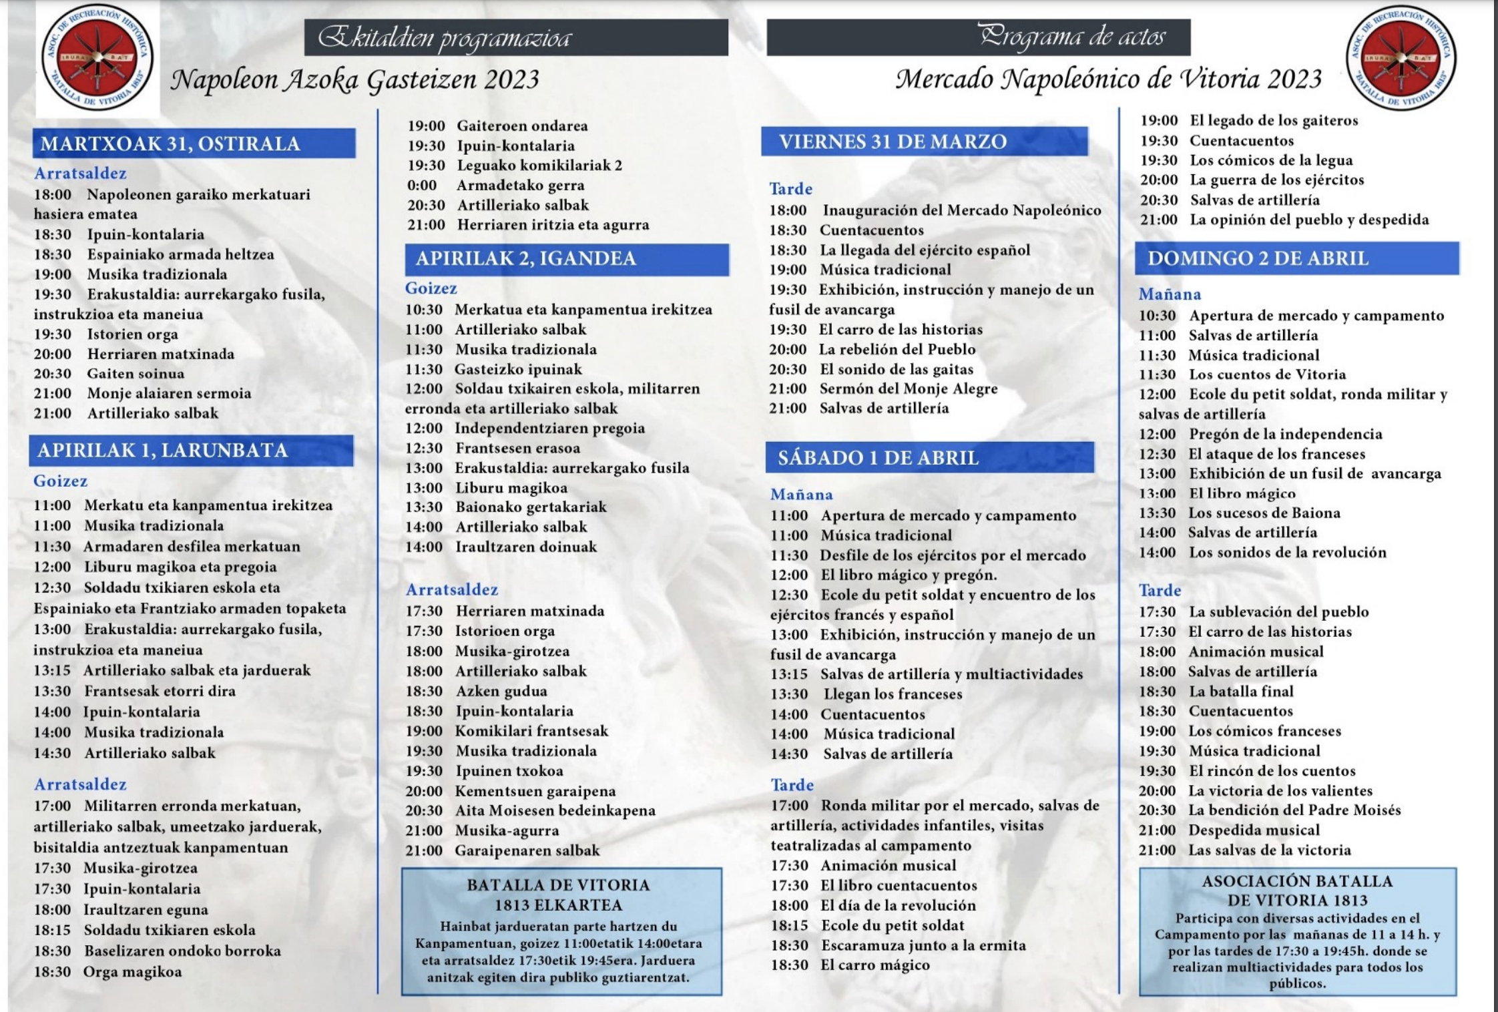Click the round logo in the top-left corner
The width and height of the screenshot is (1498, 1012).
pos(97,58)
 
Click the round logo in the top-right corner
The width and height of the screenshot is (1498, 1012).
pos(1401,58)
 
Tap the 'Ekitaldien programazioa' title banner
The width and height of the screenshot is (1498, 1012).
pos(515,37)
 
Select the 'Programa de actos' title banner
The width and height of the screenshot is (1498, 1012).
pos(978,37)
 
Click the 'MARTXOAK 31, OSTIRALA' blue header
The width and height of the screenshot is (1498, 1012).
pos(194,144)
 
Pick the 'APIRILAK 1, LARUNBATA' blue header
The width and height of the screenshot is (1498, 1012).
pos(191,451)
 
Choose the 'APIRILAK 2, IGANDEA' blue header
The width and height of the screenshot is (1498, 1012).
pos(566,259)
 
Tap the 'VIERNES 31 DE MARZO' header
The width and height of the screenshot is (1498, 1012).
pos(925,142)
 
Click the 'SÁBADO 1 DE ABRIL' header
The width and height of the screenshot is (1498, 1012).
pos(929,458)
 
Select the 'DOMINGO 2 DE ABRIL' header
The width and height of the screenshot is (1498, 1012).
pos(1296,258)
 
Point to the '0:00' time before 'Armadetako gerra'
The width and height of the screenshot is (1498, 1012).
pos(423,186)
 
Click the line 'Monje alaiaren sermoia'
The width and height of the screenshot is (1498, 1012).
pos(169,393)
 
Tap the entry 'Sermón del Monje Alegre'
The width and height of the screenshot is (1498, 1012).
pos(908,389)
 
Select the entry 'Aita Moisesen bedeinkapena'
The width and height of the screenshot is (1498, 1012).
pos(555,810)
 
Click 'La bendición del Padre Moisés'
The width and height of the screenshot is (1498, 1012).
pos(1294,810)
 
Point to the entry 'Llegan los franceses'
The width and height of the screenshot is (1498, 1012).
pos(893,694)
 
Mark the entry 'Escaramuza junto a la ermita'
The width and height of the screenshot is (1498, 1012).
pos(923,945)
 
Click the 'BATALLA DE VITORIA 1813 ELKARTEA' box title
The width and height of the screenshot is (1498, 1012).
pos(558,895)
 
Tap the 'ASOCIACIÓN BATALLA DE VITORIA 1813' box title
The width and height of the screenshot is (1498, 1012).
pos(1297,891)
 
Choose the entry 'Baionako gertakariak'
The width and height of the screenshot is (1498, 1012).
pos(531,507)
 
